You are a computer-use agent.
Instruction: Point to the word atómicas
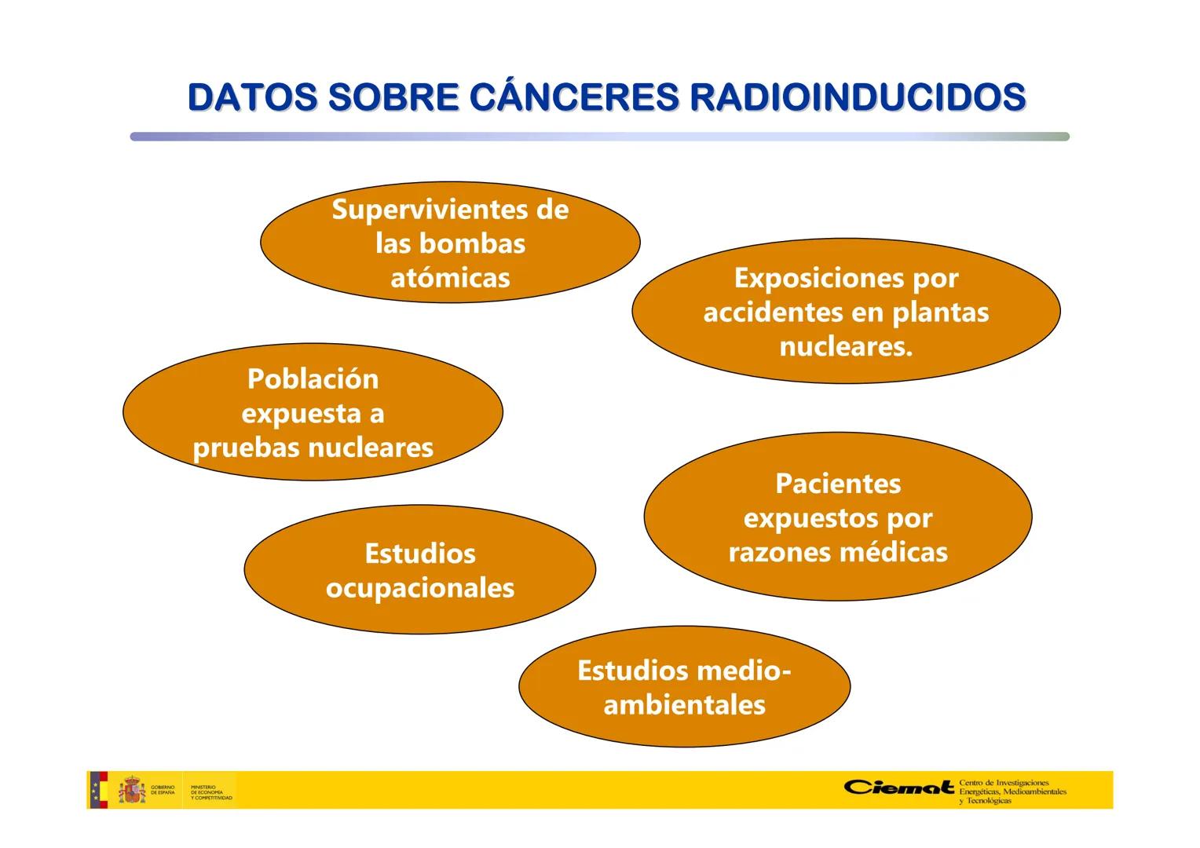click(450, 278)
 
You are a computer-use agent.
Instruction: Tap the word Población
click(313, 379)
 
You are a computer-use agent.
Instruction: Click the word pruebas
click(246, 448)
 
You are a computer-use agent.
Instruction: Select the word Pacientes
click(837, 484)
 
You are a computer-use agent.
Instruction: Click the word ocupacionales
click(419, 588)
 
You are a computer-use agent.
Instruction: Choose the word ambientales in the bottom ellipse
click(684, 705)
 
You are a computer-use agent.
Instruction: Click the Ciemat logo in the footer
click(900, 788)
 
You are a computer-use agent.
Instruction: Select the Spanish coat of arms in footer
click(131, 790)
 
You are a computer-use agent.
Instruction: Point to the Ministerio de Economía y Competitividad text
click(210, 791)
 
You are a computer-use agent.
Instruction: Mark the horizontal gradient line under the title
click(599, 137)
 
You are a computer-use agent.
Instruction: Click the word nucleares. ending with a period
click(846, 346)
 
